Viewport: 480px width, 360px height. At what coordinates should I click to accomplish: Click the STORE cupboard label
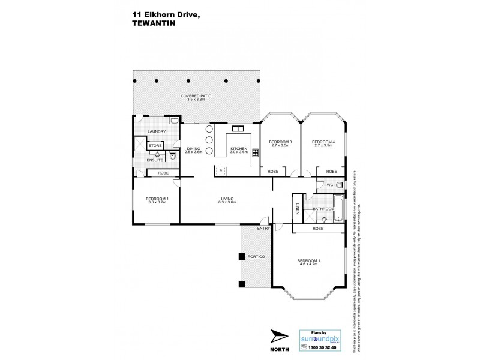tap(155, 146)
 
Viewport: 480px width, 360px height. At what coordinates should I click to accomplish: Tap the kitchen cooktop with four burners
tap(256, 152)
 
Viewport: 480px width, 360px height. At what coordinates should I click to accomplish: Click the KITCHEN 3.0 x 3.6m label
tap(239, 150)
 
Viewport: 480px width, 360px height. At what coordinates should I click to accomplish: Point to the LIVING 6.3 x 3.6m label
tap(227, 201)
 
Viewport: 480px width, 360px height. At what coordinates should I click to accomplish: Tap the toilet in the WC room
tap(340, 185)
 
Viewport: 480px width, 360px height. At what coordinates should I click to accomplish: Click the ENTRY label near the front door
tap(263, 229)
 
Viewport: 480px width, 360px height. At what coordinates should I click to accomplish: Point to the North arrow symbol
tap(279, 336)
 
